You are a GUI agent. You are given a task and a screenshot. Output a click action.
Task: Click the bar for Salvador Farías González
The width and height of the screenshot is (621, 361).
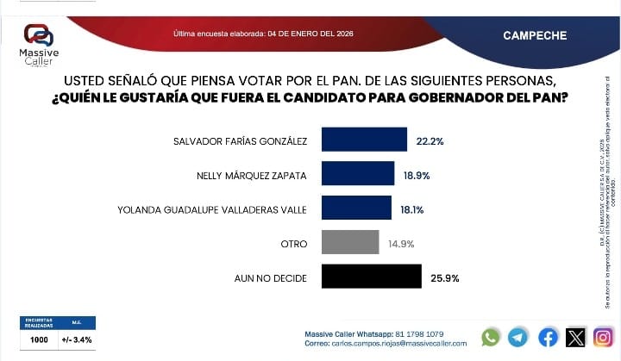pos(364,140)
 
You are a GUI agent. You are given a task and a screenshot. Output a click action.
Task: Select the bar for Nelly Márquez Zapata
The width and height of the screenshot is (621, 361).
pos(358,173)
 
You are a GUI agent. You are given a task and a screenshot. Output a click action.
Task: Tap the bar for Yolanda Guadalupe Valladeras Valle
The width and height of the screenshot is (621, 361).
pos(356,208)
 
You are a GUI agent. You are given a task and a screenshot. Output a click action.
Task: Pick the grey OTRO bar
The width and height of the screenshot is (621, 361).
pos(350,242)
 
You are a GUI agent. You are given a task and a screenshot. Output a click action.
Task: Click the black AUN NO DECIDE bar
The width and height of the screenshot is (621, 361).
pos(371,276)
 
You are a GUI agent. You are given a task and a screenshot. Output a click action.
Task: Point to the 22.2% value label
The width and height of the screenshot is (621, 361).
pos(430,140)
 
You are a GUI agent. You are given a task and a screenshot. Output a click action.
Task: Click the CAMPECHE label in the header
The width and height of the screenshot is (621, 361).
pos(535,35)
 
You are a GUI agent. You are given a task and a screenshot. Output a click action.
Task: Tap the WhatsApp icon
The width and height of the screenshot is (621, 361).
pos(491,338)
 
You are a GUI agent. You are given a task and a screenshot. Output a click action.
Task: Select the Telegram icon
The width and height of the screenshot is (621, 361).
pos(518,338)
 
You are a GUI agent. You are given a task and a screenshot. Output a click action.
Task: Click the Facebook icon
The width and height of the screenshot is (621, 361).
pos(548,338)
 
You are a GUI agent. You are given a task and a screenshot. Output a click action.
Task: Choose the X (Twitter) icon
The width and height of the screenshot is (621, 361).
pos(575,338)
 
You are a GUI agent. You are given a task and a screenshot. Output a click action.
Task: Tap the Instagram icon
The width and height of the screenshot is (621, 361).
pos(604,338)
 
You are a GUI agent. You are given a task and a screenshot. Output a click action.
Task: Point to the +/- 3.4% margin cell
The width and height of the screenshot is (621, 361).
pos(77,339)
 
